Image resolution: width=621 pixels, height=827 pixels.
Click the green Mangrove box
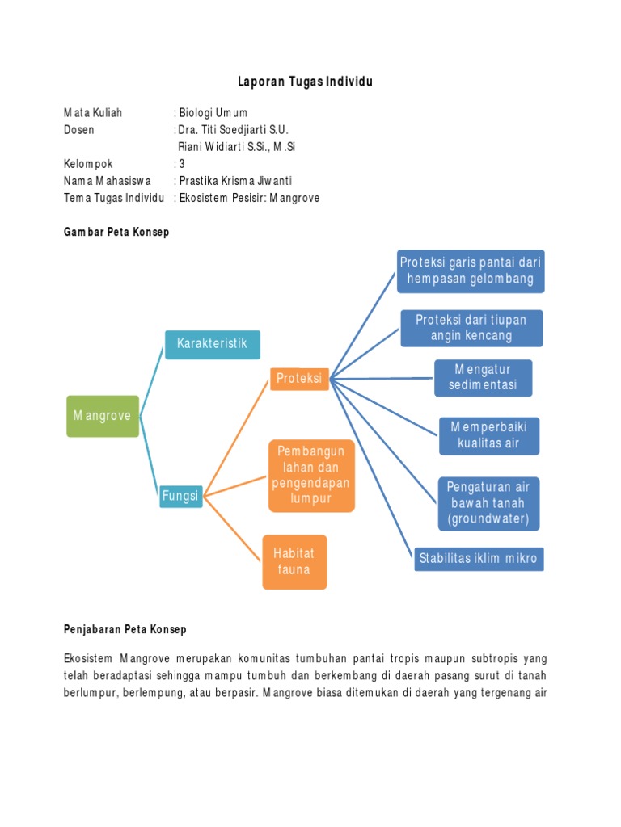point(103,416)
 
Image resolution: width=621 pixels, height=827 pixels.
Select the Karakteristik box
point(213,344)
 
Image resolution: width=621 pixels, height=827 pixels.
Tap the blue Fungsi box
point(180,496)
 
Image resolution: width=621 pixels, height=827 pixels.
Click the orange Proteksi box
point(299,378)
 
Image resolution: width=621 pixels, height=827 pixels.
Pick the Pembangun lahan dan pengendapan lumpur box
point(311,475)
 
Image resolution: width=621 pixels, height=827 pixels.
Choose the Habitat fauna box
point(294,561)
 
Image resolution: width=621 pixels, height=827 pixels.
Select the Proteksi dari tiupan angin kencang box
point(471,328)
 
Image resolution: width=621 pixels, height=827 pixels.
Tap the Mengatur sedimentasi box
point(483,377)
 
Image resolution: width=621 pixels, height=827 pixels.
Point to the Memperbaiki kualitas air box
point(488,435)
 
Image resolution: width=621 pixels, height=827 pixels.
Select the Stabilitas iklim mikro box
point(478,559)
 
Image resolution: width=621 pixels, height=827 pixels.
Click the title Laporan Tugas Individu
point(305,82)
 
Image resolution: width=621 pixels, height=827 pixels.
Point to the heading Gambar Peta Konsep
point(116,233)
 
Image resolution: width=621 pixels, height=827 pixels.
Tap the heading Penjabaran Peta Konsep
point(125,628)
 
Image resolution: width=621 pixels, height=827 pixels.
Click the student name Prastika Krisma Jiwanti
point(235,181)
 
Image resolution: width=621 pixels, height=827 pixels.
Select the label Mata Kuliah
point(93,113)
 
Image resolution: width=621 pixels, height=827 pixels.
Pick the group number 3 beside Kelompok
point(182,164)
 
